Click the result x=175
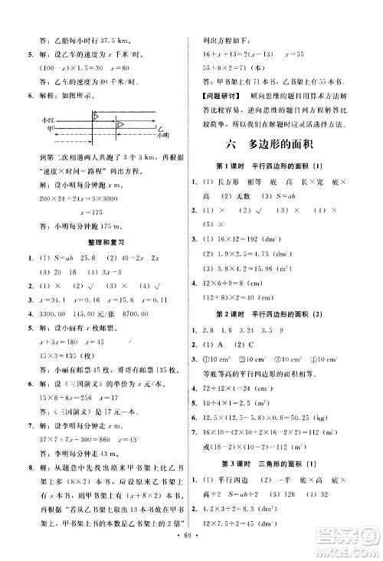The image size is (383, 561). coord(74,212)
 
